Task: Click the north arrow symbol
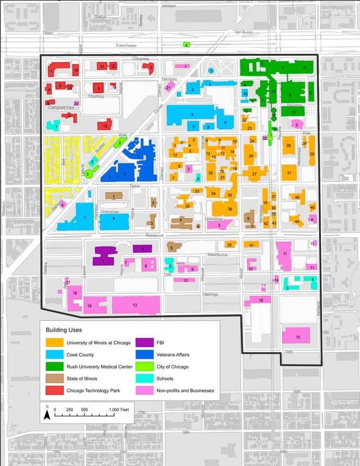click(47, 415)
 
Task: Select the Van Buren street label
click(244, 32)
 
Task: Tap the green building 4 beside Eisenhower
click(186, 45)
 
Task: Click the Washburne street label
click(200, 255)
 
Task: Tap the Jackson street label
click(168, 5)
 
